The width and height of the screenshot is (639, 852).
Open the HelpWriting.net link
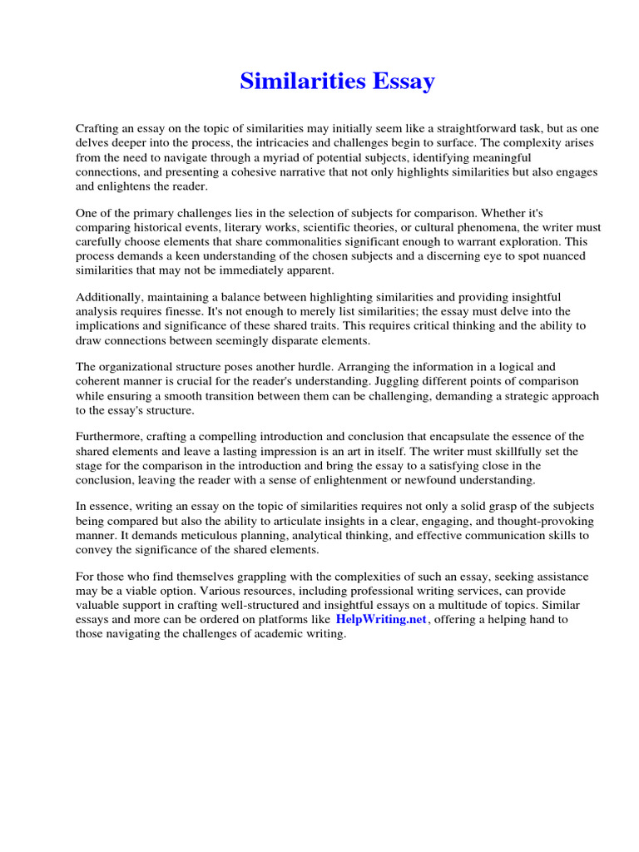pyautogui.click(x=381, y=620)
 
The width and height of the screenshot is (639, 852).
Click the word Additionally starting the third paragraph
pyautogui.click(x=109, y=297)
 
